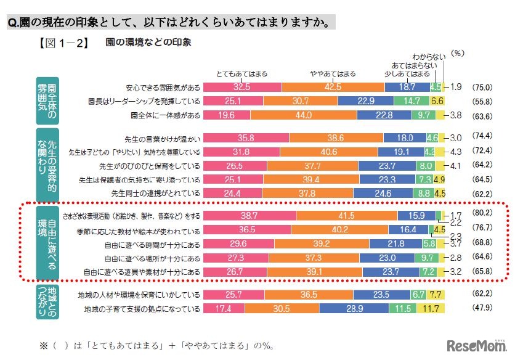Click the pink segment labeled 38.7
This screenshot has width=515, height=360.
[x=249, y=216]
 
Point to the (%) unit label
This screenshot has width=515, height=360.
[x=459, y=54]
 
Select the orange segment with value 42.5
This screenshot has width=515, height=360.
[x=333, y=87]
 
